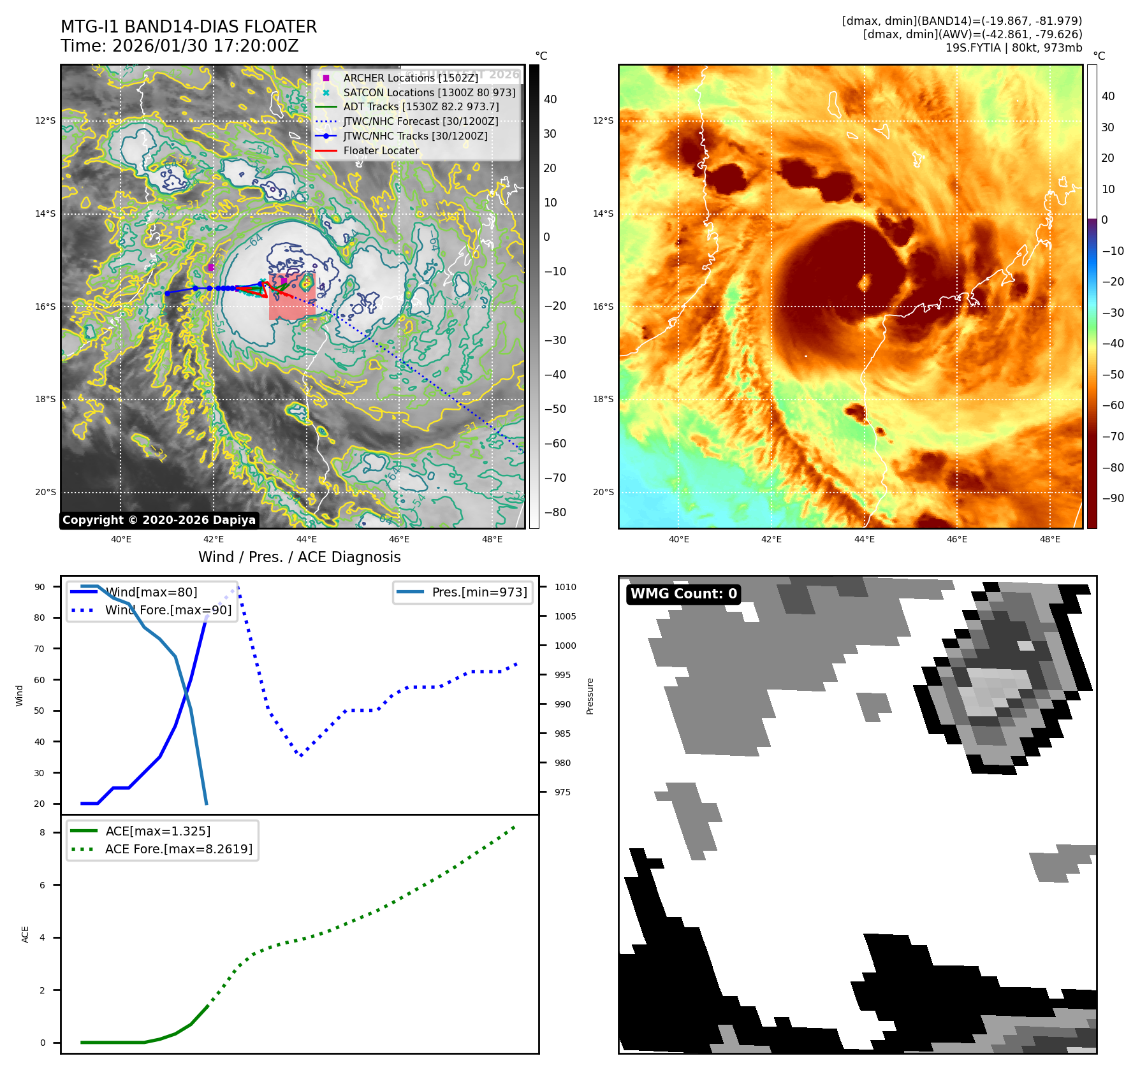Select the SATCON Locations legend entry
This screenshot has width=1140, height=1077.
coord(429,92)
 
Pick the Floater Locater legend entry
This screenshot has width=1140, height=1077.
coord(381,150)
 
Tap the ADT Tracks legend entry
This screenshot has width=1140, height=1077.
coord(421,106)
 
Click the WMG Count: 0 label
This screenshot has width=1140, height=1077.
coord(683,594)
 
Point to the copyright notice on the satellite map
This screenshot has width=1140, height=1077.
coord(159,520)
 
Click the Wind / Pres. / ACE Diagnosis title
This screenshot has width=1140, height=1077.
coord(300,557)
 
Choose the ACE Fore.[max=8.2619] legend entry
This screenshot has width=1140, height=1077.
coord(179,849)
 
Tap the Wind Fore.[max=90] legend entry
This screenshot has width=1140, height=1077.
coord(168,610)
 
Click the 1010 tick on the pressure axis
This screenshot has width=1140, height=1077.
coord(565,587)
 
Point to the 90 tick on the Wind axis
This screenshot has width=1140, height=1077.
coord(40,587)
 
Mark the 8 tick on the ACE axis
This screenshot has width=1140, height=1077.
coord(43,832)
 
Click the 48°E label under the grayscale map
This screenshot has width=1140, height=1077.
coord(492,539)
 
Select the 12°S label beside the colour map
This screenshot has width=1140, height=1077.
coord(603,120)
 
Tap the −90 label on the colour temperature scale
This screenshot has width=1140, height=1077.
coord(1113,498)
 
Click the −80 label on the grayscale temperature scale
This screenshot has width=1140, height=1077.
coord(555,512)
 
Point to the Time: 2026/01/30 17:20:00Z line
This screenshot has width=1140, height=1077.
coord(180,46)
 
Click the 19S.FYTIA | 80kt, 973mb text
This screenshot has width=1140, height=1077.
coord(1013,48)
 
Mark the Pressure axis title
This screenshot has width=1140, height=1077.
coord(590,696)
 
